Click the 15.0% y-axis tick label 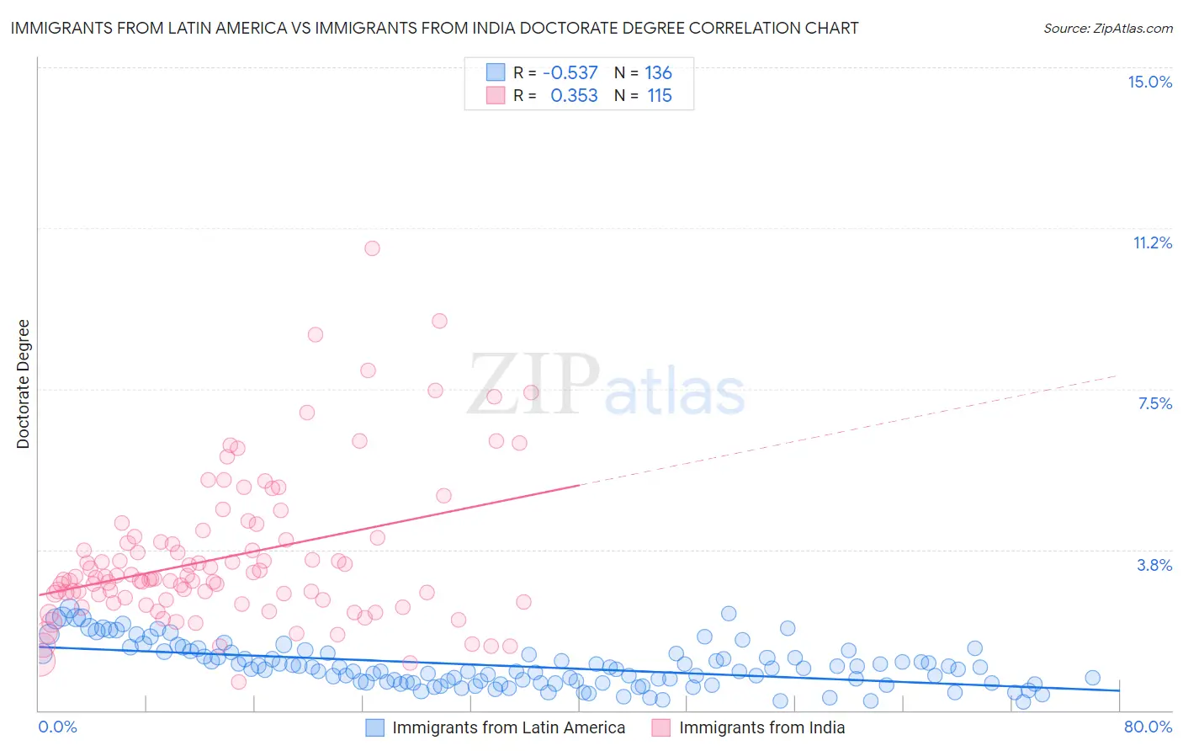click(1149, 82)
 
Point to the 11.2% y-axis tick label click(1152, 242)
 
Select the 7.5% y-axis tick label click(1154, 403)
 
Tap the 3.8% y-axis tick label click(1154, 565)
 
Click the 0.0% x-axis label click(57, 727)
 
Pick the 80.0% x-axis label click(1148, 727)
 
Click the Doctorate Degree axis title click(23, 384)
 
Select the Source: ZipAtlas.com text click(1107, 28)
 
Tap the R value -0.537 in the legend click(570, 72)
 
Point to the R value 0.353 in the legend click(574, 96)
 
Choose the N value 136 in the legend click(658, 72)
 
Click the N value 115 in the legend click(660, 96)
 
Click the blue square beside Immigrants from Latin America click(374, 727)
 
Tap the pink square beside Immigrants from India click(661, 727)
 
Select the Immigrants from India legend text click(761, 727)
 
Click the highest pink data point click(372, 248)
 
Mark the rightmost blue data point click(1092, 678)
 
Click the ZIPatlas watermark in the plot click(606, 386)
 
